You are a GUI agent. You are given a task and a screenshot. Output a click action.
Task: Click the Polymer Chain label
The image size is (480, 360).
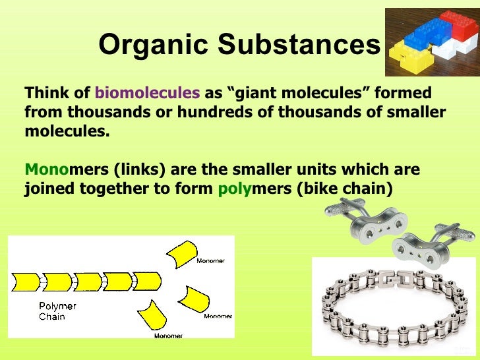57,311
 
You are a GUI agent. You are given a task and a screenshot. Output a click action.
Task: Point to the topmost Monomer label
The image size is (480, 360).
211,260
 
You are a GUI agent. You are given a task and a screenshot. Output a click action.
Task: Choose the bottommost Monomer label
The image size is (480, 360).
168,336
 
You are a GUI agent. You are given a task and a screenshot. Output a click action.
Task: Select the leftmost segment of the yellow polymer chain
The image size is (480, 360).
26,282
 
